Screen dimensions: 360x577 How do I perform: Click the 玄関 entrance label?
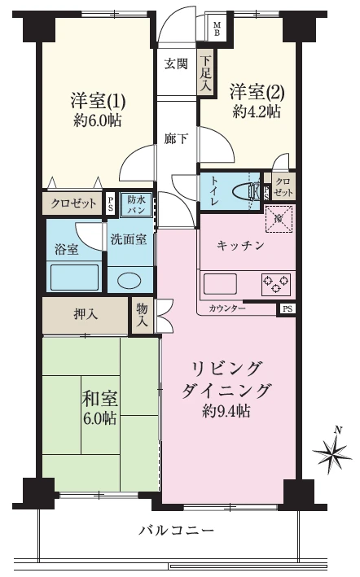(x=176, y=63)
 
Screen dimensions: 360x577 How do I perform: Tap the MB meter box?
(x=217, y=28)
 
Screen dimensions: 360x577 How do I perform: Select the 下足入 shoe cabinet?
(x=206, y=73)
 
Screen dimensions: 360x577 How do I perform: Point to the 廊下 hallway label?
(x=176, y=138)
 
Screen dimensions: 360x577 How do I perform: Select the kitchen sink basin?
(x=221, y=284)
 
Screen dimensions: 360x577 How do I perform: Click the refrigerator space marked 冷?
(x=279, y=219)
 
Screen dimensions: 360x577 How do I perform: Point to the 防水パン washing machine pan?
(x=137, y=204)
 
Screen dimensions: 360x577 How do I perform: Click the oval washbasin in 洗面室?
(x=129, y=281)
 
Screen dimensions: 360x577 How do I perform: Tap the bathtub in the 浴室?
(x=74, y=277)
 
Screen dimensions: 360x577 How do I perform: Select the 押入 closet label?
(x=86, y=315)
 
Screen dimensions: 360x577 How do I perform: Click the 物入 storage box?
(x=143, y=316)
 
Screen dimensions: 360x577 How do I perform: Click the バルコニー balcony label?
(x=176, y=531)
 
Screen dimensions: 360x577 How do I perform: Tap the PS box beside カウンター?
(x=288, y=309)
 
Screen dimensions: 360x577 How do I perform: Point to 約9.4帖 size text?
(x=226, y=411)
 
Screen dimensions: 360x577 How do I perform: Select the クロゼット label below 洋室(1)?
(x=73, y=203)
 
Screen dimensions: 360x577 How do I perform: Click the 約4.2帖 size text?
(x=257, y=111)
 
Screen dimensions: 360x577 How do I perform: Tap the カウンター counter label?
(x=227, y=308)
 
